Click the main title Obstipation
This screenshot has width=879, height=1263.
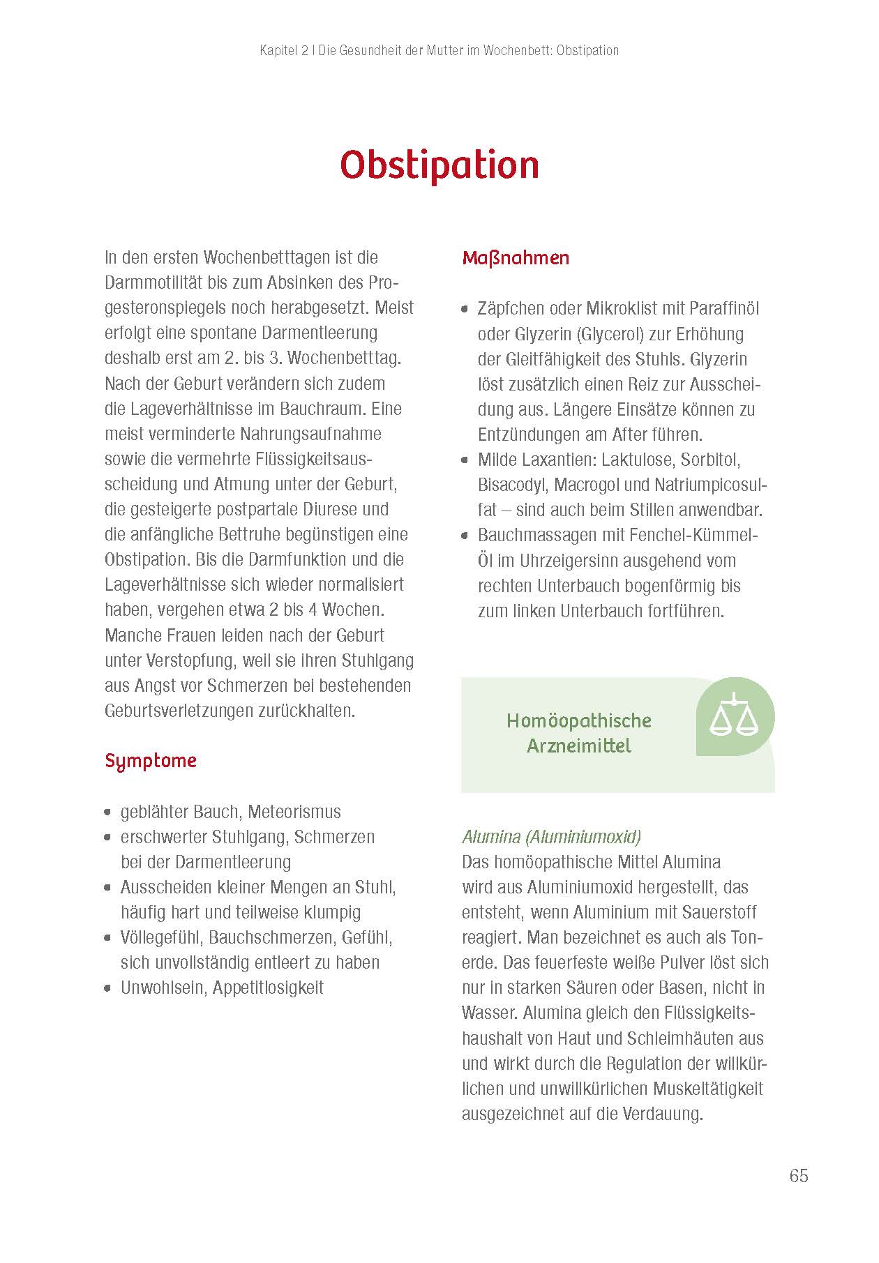[x=439, y=165]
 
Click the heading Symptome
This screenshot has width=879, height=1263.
[x=151, y=761]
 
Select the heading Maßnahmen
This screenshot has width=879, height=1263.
[x=516, y=258]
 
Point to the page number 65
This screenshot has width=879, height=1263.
[x=798, y=1176]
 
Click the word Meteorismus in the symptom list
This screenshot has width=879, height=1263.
[x=294, y=812]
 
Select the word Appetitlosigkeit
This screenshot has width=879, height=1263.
[x=268, y=988]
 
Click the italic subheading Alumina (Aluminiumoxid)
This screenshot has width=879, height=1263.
[x=551, y=837]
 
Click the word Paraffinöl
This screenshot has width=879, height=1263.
[x=724, y=309]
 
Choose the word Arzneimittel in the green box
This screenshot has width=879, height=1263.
[x=579, y=746]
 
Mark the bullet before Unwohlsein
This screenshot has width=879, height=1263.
[x=107, y=988]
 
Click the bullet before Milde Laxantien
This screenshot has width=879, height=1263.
[x=465, y=460]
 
